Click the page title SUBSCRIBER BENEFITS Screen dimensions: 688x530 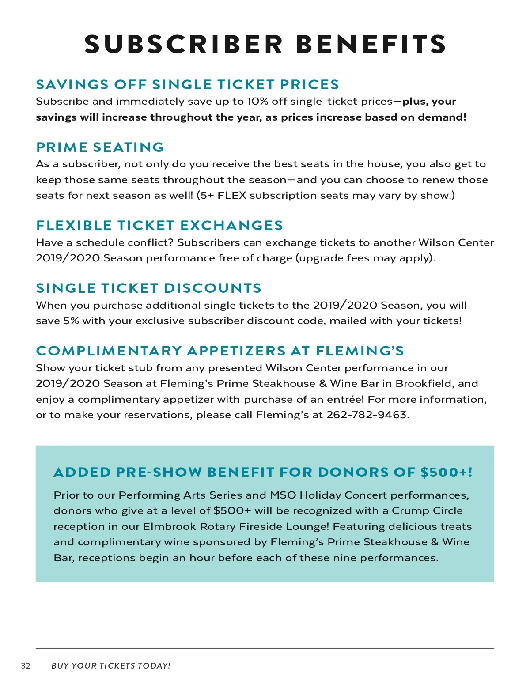point(265,44)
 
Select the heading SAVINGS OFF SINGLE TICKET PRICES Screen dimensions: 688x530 point(187,84)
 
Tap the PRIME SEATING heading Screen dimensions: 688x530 point(100,147)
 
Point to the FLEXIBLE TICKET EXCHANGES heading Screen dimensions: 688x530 point(159,225)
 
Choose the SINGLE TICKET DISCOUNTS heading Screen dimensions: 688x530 point(148,288)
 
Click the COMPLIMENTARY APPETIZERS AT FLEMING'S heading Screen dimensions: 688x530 point(220,351)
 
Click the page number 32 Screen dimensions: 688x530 point(26,666)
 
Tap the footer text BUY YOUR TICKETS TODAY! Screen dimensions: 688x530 point(111,666)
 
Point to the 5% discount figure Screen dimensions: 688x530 point(71,321)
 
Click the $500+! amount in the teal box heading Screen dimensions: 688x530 point(446,473)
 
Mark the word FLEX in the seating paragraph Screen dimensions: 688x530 point(231,196)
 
